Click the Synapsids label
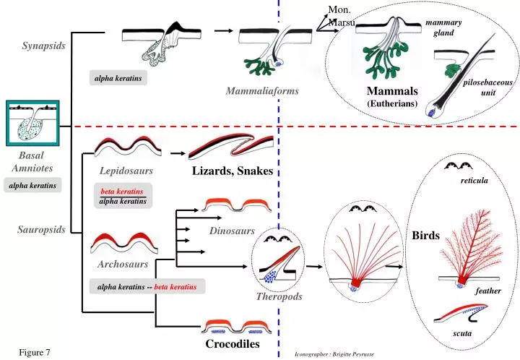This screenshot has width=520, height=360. (43, 46)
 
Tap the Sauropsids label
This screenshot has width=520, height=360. (42, 230)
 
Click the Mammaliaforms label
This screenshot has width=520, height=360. (261, 91)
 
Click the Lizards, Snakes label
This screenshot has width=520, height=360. (232, 171)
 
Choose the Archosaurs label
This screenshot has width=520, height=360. (123, 264)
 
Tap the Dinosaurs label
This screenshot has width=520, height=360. (232, 231)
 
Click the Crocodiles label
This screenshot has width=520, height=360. (232, 344)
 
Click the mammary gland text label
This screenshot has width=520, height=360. (443, 28)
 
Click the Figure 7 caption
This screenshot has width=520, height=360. (35, 352)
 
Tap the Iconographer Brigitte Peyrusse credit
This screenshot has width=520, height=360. (334, 354)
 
